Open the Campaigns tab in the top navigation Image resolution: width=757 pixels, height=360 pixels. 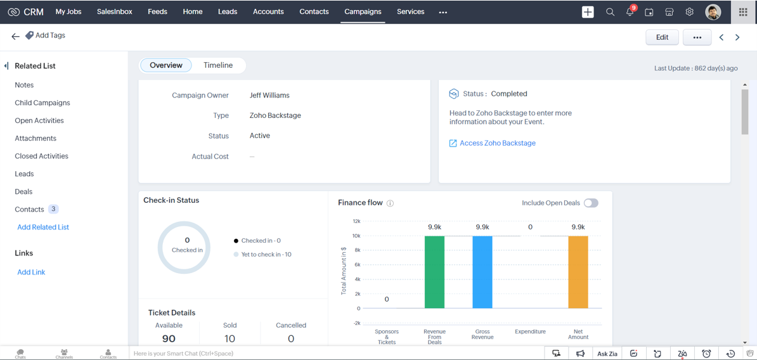(363, 11)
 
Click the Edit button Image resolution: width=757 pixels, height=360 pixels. (662, 37)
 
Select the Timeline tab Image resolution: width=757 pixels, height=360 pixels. (218, 65)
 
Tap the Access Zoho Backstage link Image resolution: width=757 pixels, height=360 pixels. (497, 143)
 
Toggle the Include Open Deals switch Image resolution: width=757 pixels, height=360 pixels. (591, 203)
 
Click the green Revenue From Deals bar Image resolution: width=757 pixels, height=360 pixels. (434, 272)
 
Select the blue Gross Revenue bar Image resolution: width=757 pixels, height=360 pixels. (482, 272)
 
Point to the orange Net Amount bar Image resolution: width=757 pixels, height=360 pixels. (578, 272)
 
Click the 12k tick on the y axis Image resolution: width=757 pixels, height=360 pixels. (356, 221)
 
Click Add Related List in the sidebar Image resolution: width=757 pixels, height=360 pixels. (43, 227)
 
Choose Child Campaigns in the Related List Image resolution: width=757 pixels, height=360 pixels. (42, 103)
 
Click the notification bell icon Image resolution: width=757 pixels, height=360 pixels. (630, 12)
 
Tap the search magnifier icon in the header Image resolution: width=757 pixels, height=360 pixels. (610, 12)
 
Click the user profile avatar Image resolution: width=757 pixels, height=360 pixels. (713, 12)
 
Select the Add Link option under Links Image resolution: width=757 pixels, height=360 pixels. (31, 272)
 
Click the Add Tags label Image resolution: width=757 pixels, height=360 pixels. (50, 35)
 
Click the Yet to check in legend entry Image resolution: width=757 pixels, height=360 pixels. (266, 254)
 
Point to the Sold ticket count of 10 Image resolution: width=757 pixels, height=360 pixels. (230, 338)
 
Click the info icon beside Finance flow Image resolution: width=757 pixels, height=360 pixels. (391, 203)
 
